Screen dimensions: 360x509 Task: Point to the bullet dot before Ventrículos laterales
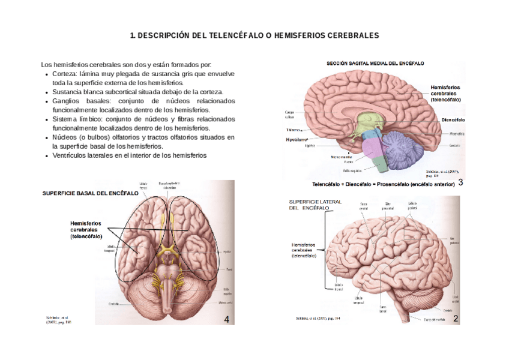[x=47, y=156]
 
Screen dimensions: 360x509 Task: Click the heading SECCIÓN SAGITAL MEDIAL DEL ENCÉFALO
[x=375, y=62]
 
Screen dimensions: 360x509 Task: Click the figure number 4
[x=226, y=319]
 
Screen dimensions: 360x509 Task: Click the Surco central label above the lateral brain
[x=364, y=205]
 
